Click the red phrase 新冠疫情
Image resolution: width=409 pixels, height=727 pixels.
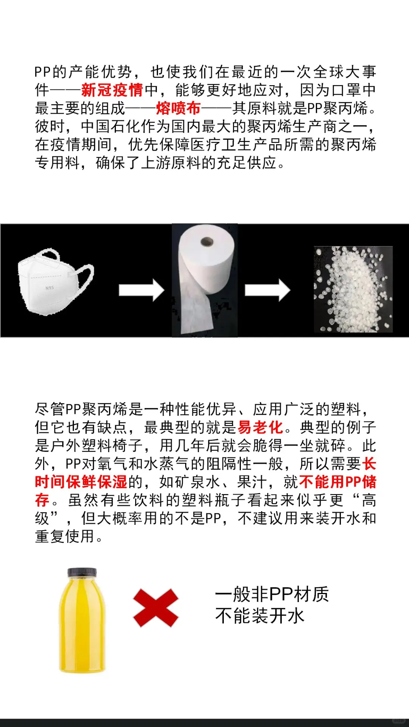click(112, 90)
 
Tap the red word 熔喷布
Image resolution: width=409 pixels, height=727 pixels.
click(178, 109)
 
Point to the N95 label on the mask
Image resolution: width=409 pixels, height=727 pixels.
click(50, 288)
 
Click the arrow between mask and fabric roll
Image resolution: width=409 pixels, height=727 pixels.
click(141, 290)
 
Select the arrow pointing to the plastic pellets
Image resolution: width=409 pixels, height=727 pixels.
click(267, 290)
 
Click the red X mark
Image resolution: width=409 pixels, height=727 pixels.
click(156, 608)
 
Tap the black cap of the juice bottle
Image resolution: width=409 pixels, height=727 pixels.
click(82, 572)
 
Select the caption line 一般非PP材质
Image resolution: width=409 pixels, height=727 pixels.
click(272, 594)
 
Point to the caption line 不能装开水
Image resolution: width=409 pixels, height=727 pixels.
click(260, 616)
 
